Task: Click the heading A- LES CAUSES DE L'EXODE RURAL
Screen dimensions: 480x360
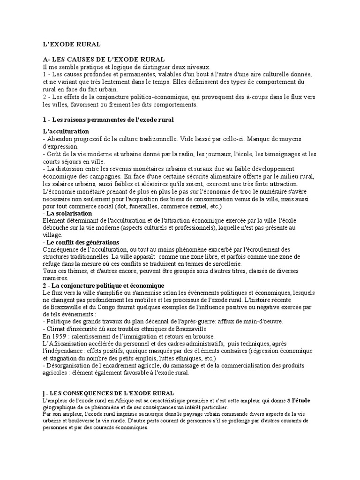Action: pos(104,60)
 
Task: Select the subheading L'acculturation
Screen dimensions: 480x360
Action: pos(66,131)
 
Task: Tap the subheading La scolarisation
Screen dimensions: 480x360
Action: pos(69,213)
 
